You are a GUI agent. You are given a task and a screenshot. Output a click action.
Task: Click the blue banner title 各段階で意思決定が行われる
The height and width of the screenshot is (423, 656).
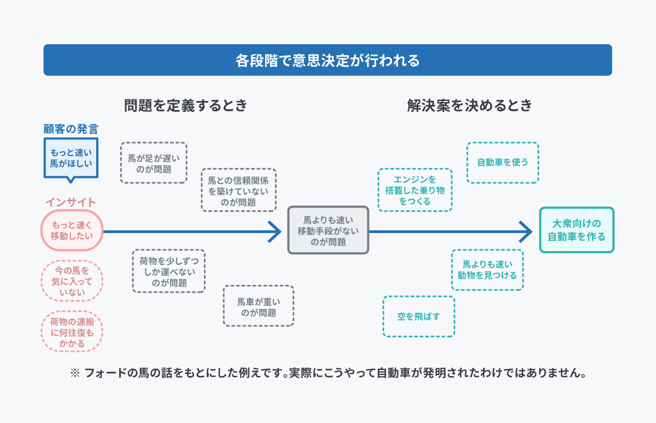[x=327, y=60]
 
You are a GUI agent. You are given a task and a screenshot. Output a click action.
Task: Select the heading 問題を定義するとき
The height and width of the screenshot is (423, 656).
[x=185, y=105]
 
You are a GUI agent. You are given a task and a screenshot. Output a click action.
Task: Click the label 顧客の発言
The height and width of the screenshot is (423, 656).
[x=71, y=129]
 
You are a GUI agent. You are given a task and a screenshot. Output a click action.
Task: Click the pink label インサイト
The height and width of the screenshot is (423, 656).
[x=71, y=202]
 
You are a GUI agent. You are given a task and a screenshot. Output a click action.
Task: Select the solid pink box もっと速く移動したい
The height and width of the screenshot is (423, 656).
[x=72, y=230]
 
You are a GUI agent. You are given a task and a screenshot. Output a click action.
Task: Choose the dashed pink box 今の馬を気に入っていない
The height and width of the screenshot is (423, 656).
[x=72, y=281]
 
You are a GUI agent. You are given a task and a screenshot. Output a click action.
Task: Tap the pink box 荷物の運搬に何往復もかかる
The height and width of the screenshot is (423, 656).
[x=72, y=332]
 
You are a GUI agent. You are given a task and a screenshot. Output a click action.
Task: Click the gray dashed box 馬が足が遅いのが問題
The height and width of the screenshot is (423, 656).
[x=153, y=163]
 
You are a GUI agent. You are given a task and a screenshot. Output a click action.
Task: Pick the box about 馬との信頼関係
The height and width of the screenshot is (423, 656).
[x=238, y=190]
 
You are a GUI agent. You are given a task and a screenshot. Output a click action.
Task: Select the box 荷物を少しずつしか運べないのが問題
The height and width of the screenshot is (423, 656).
[x=168, y=271]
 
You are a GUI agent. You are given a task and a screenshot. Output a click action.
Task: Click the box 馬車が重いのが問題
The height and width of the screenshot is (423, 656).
[x=258, y=306]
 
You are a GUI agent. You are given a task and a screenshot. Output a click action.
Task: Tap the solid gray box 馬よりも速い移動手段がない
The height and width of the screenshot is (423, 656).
[x=328, y=230]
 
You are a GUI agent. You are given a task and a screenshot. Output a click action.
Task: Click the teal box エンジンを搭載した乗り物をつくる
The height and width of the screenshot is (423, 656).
[x=415, y=190]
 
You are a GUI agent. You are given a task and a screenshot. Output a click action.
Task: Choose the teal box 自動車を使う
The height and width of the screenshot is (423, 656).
[x=502, y=163]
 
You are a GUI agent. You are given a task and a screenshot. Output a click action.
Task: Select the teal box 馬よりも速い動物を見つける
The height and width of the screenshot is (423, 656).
[x=487, y=270]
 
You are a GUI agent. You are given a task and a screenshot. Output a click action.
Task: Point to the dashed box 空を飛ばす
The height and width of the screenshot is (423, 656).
[x=418, y=317]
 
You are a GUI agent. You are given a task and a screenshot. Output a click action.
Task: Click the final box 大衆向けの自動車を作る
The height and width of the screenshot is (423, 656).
[x=576, y=230]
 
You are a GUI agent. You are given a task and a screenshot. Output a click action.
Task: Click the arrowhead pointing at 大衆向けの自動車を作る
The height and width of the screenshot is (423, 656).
[x=526, y=231]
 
